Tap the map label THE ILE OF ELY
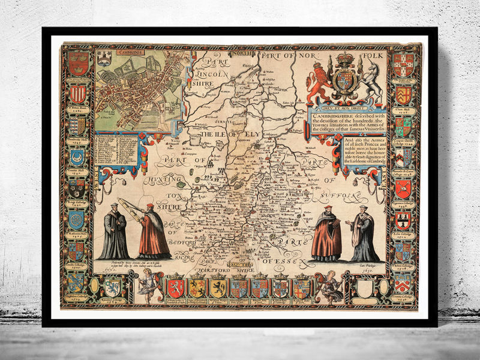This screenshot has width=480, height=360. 222,134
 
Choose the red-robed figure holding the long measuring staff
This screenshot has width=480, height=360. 152,231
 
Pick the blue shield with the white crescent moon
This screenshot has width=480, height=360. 77,157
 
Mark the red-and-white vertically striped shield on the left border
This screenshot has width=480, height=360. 77,94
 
